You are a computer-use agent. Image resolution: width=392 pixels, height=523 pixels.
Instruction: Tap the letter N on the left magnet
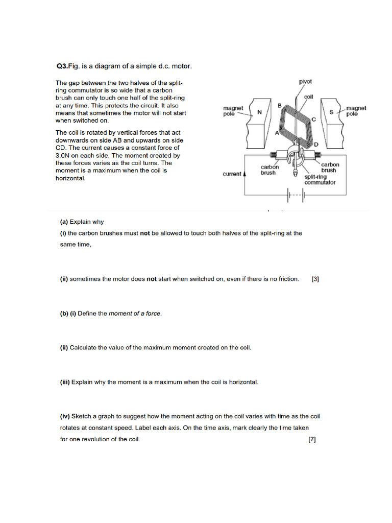pyautogui.click(x=259, y=112)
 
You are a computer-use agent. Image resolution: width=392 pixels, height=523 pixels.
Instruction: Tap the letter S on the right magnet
pyautogui.click(x=331, y=112)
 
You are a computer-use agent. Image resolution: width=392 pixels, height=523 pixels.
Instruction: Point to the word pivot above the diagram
pyautogui.click(x=306, y=81)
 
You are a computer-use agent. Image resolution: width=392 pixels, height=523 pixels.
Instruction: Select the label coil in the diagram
pyautogui.click(x=308, y=96)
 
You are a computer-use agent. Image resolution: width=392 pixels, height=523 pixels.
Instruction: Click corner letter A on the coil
pyautogui.click(x=277, y=133)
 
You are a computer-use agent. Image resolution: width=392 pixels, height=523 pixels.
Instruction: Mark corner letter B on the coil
pyautogui.click(x=279, y=105)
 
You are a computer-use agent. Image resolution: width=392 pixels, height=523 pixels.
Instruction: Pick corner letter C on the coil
pyautogui.click(x=314, y=119)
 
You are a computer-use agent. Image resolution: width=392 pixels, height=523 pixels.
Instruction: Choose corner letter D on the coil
pyautogui.click(x=316, y=145)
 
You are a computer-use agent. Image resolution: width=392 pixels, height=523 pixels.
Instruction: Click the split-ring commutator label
pyautogui.click(x=320, y=179)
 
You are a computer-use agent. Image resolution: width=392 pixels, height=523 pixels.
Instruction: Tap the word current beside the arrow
pyautogui.click(x=232, y=174)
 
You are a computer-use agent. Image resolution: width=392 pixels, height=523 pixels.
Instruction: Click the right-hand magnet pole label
pyautogui.click(x=356, y=111)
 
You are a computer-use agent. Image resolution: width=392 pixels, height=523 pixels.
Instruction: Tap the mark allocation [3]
pyautogui.click(x=315, y=279)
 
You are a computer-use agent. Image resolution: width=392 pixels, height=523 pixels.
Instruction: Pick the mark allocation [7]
pyautogui.click(x=312, y=439)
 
